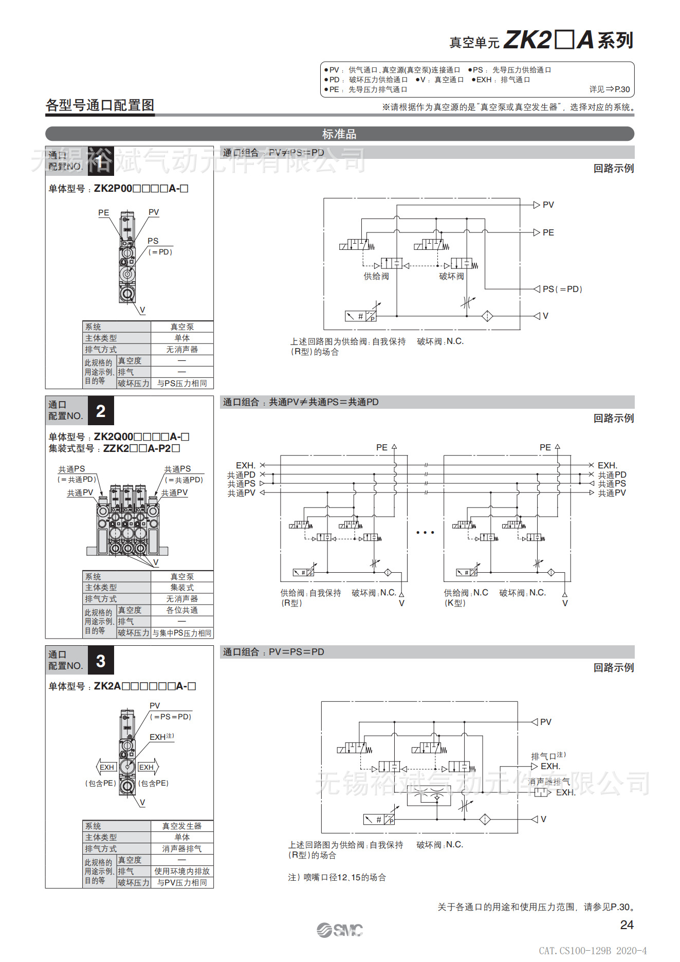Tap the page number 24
click(x=627, y=924)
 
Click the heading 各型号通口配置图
click(x=100, y=105)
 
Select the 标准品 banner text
click(x=339, y=134)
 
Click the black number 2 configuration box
click(x=101, y=411)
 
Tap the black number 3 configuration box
click(x=101, y=661)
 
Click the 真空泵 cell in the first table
click(x=182, y=327)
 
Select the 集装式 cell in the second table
click(x=182, y=588)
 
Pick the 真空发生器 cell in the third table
click(x=182, y=826)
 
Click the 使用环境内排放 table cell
click(x=182, y=872)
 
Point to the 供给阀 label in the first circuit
click(x=376, y=277)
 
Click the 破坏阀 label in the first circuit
click(x=451, y=277)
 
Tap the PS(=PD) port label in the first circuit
click(x=562, y=289)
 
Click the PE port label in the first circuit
click(x=548, y=232)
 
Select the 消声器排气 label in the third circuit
click(x=549, y=782)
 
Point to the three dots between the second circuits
click(x=425, y=533)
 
